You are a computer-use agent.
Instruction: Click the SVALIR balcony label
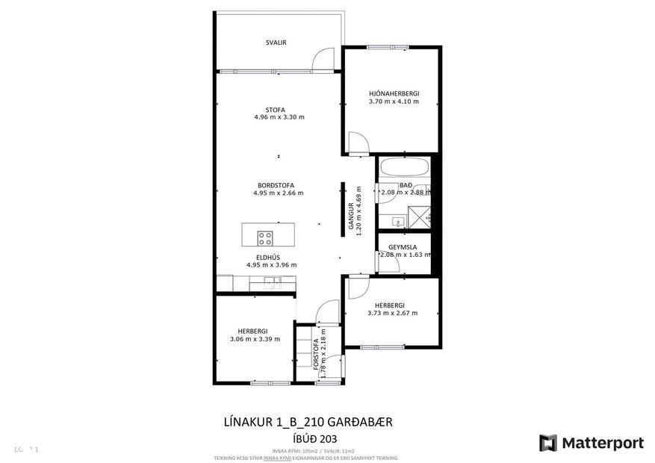click(x=276, y=43)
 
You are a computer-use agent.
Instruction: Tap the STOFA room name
click(x=279, y=109)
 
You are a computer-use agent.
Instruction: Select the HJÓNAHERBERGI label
click(x=394, y=93)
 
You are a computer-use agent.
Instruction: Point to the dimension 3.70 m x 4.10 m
click(x=394, y=102)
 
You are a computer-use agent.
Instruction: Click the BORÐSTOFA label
click(x=275, y=185)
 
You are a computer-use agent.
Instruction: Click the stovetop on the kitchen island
click(x=265, y=238)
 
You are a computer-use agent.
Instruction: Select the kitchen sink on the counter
click(x=271, y=282)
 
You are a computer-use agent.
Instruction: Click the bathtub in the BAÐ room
click(x=403, y=167)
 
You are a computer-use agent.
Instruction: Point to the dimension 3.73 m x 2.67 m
click(x=392, y=313)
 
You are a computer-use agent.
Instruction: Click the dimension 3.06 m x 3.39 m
click(x=255, y=339)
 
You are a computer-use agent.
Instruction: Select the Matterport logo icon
click(x=549, y=442)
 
